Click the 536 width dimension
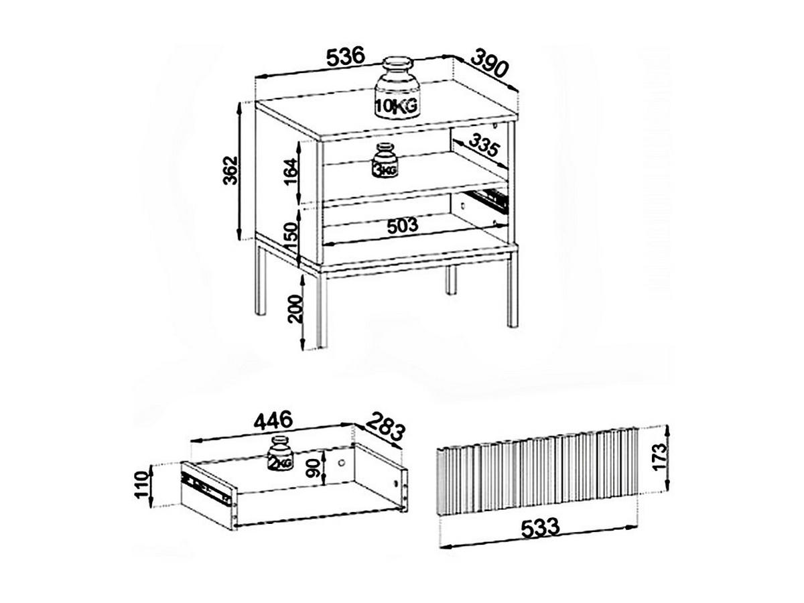click(345, 58)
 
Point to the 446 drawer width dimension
click(271, 420)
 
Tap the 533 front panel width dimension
click(540, 527)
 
